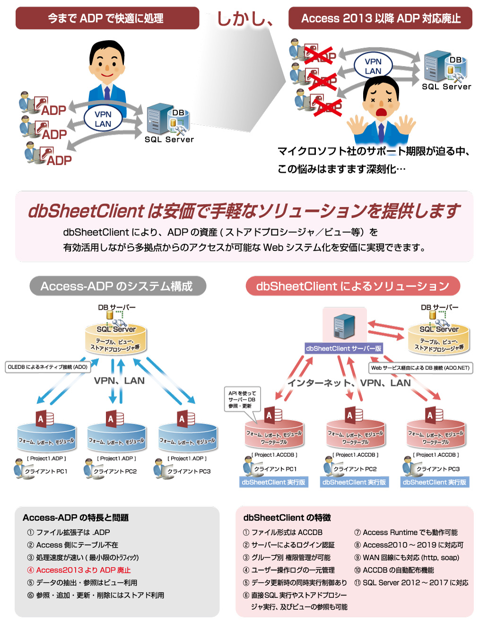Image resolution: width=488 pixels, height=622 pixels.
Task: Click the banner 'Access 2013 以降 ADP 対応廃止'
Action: point(381,18)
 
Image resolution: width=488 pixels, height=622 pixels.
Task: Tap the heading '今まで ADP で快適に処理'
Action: point(107,18)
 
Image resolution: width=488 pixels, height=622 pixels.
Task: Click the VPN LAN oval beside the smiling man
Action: point(103,119)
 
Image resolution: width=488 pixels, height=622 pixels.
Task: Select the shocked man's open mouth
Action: point(381,112)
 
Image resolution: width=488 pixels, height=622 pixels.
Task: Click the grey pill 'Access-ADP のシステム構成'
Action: point(117,286)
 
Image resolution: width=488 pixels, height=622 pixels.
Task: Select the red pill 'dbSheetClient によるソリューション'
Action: point(353,286)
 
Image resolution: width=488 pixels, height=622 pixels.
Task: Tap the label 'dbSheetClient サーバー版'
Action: point(344,349)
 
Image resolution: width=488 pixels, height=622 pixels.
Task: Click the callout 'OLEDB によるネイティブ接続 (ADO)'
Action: point(48,367)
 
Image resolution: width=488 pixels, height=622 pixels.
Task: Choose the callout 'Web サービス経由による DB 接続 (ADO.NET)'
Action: point(420,368)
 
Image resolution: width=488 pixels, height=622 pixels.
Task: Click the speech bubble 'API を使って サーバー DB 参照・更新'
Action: point(242,400)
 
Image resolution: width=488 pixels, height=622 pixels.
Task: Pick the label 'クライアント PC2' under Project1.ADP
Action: point(115,471)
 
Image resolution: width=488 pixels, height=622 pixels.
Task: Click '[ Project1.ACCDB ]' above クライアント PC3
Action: point(436,455)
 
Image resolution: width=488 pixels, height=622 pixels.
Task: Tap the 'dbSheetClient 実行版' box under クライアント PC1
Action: point(273,482)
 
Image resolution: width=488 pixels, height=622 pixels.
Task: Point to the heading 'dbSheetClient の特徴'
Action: point(287,518)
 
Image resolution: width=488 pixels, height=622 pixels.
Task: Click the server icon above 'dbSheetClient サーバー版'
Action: point(344,325)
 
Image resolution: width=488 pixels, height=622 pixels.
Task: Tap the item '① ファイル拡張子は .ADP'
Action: point(69,532)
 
